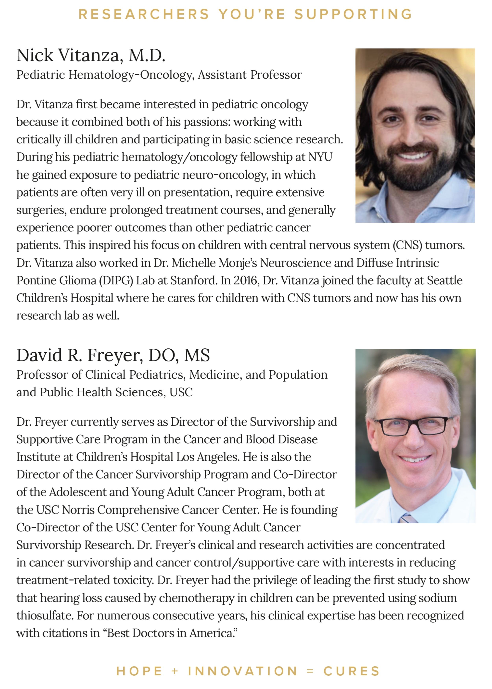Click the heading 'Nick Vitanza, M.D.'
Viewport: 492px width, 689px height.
click(91, 56)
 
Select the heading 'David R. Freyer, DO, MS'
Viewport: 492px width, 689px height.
click(113, 355)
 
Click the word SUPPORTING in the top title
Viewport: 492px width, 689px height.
click(353, 14)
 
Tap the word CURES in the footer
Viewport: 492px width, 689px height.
click(351, 671)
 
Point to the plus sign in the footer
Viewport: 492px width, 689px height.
click(175, 671)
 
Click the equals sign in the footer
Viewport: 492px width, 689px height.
click(310, 671)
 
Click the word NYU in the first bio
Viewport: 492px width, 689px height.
click(320, 157)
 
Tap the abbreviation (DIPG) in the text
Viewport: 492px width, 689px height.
click(116, 281)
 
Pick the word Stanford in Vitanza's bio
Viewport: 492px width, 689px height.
click(194, 281)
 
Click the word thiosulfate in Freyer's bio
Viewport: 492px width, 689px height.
click(45, 616)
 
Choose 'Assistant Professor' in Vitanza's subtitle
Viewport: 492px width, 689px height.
click(250, 75)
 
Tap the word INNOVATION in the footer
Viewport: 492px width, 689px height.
click(242, 671)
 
